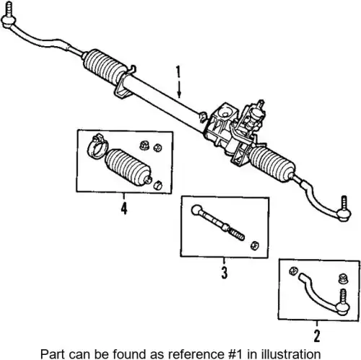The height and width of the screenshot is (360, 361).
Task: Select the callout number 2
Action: coord(317,335)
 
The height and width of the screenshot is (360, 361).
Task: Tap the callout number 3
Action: coord(224,273)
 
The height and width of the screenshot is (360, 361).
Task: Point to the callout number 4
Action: coord(123,208)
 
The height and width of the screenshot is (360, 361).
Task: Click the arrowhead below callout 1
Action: coord(179,95)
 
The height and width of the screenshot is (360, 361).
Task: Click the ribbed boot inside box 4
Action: coord(128,167)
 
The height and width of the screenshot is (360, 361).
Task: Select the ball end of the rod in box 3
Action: coord(197,210)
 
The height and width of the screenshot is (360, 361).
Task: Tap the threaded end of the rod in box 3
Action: coord(236,234)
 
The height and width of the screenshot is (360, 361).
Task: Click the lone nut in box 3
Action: coord(254,245)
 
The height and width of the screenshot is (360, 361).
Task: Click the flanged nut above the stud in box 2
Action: coord(343,278)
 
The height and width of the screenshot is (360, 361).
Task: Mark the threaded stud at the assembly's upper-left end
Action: coord(9,9)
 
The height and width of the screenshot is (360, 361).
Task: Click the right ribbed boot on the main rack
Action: coord(272,163)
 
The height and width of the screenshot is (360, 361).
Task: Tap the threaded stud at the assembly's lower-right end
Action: coord(344,203)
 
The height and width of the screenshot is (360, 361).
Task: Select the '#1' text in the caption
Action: coord(235,354)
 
